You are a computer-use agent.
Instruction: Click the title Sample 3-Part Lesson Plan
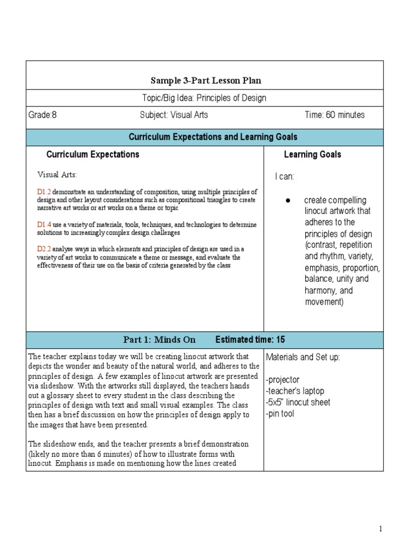206,81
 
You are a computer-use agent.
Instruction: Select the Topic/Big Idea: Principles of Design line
205,98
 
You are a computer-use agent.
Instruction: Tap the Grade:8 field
43,115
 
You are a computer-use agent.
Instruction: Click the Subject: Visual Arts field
174,115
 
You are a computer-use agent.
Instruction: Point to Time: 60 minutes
335,115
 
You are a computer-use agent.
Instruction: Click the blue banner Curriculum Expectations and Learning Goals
205,137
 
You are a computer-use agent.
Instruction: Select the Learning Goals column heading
312,154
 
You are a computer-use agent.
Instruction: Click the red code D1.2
44,192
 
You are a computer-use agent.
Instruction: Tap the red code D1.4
44,224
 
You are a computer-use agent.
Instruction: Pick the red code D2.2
44,249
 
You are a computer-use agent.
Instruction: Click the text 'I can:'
284,176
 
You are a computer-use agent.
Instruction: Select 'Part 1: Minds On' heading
159,340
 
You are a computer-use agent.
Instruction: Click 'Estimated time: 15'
250,340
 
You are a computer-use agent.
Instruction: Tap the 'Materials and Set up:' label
303,357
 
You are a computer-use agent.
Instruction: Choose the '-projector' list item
283,379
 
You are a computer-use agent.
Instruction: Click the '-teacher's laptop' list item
295,391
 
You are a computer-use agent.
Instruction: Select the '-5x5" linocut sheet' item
298,402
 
